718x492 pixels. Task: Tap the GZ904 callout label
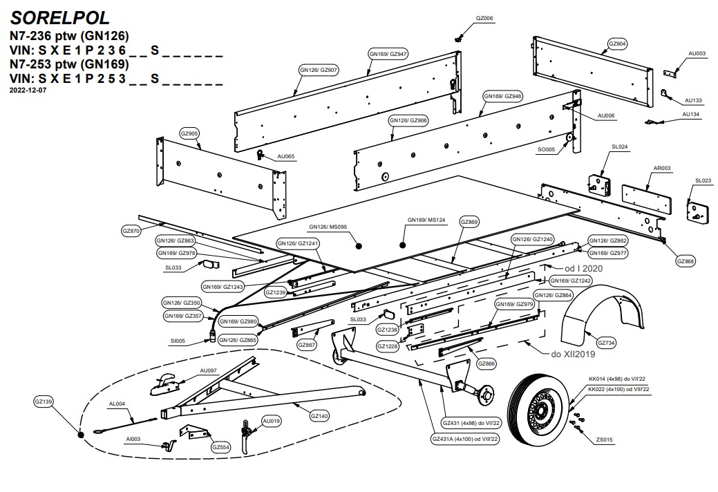[x=617, y=44]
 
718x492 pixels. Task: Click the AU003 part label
[x=697, y=53]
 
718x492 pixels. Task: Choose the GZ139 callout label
[x=44, y=401]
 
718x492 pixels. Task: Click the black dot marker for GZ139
[x=80, y=435]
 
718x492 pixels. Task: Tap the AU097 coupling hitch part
[x=164, y=382]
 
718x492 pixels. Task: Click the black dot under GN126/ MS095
[x=359, y=246]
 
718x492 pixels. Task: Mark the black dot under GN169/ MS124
[x=403, y=244]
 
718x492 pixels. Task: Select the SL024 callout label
[x=619, y=147]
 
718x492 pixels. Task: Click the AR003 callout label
[x=662, y=168]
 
